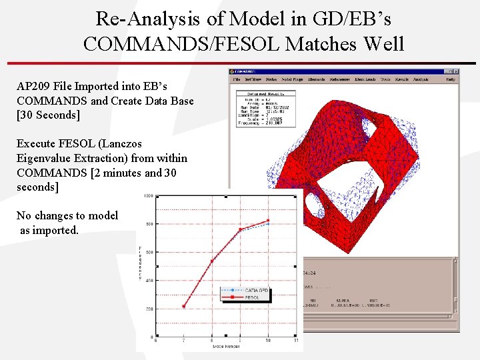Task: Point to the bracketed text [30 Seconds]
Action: (x=48, y=115)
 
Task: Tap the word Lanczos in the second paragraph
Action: (x=121, y=143)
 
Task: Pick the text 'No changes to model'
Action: (x=67, y=215)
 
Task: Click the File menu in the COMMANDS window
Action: (x=237, y=79)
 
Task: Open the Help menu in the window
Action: (x=451, y=79)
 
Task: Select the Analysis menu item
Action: (x=421, y=79)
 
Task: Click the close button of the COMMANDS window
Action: (x=455, y=71)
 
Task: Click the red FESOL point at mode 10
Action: (x=268, y=221)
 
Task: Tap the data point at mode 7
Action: (x=184, y=306)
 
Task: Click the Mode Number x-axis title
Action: (x=226, y=347)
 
